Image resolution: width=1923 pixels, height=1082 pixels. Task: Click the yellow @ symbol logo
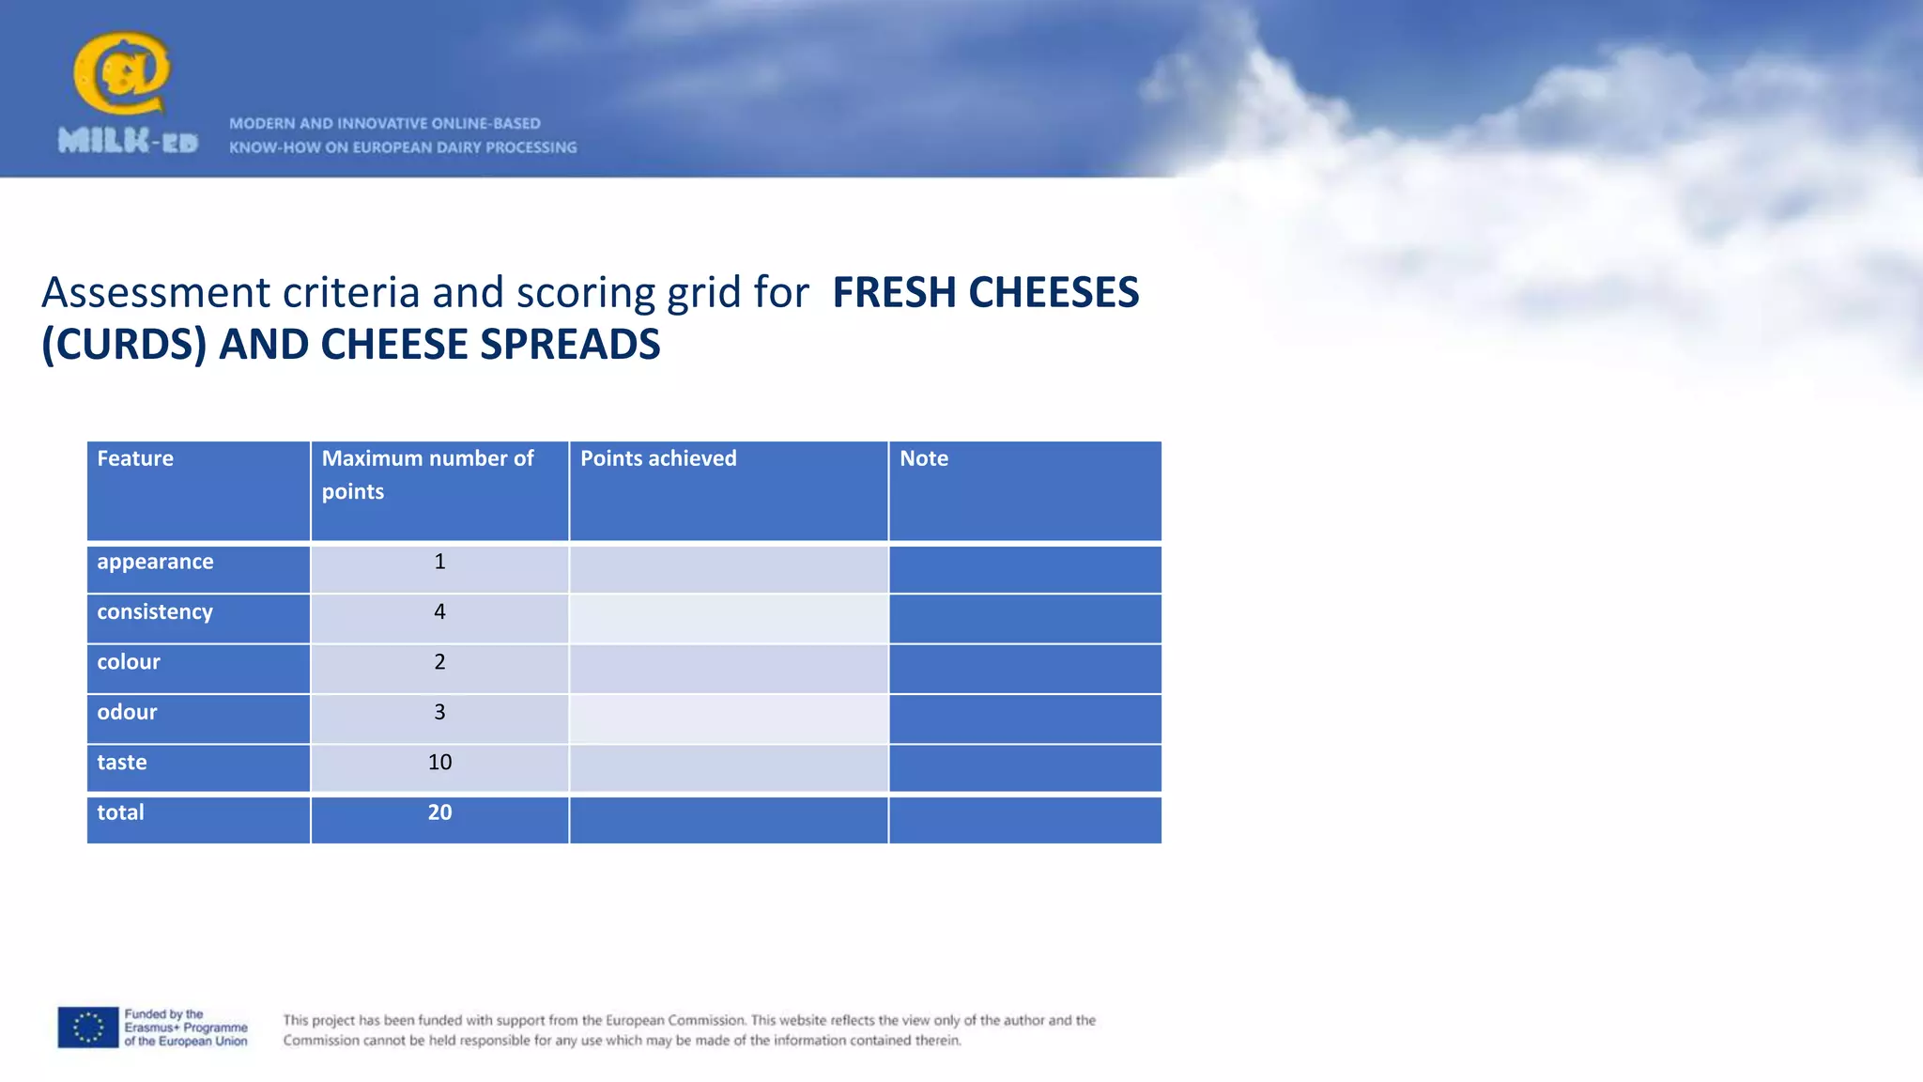coord(121,72)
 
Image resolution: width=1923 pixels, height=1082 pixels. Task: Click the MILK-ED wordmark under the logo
coord(128,142)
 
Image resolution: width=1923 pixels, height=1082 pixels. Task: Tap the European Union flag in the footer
coord(88,1028)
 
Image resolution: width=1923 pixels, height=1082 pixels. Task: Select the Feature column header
coord(135,458)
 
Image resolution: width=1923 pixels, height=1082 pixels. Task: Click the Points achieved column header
coord(658,458)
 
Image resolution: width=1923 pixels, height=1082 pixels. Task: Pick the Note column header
coord(924,458)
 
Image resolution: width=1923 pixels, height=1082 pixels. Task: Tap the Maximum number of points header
coord(427,474)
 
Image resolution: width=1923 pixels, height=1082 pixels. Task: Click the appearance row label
coord(155,562)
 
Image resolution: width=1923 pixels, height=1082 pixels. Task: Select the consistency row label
coord(155,611)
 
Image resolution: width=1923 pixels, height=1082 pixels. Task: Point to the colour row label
coord(129,662)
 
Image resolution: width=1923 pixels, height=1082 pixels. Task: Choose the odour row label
coord(127,712)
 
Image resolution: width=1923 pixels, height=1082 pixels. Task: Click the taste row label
coord(122,762)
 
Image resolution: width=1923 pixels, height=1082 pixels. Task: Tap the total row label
coord(121,812)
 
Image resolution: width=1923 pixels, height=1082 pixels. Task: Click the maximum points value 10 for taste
coord(439,762)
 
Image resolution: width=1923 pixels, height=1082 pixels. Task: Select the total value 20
coord(439,812)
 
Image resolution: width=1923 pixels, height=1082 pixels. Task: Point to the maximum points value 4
coord(439,611)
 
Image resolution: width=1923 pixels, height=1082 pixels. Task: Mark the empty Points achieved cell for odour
coord(728,719)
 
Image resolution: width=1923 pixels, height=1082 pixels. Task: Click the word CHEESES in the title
coord(1054,293)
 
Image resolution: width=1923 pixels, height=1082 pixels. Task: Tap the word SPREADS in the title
coord(570,345)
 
